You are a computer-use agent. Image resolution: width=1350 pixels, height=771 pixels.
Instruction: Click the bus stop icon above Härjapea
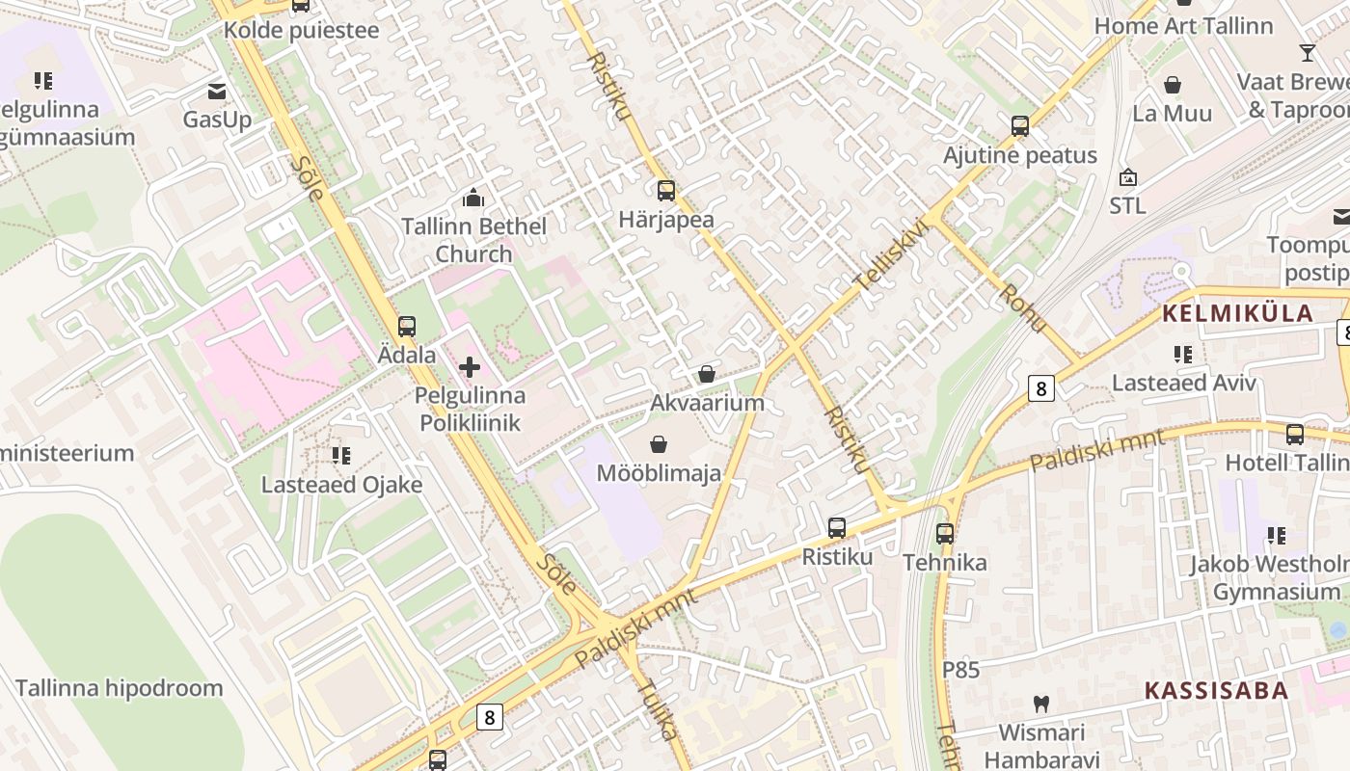click(665, 191)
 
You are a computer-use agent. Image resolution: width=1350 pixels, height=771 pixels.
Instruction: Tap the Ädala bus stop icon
click(407, 327)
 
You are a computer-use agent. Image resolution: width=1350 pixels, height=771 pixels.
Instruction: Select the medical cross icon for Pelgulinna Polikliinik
click(470, 367)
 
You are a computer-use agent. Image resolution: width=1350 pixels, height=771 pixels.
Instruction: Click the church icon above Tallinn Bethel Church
click(473, 199)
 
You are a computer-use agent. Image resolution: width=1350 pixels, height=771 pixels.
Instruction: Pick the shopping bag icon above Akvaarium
click(707, 374)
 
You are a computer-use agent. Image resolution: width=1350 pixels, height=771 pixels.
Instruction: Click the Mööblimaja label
click(659, 473)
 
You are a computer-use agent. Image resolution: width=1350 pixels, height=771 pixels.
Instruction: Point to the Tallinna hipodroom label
click(119, 688)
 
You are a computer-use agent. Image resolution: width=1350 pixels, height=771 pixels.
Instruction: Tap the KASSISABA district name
click(1216, 690)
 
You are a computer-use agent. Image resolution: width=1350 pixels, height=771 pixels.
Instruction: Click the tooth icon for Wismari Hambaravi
click(1041, 704)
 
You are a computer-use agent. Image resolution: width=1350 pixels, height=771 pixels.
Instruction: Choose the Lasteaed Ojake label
click(341, 484)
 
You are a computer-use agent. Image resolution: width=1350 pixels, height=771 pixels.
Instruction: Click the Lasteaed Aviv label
click(1184, 383)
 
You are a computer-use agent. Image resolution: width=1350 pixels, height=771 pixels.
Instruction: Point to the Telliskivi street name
click(891, 256)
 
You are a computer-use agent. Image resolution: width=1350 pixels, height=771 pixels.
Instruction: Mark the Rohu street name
click(1023, 308)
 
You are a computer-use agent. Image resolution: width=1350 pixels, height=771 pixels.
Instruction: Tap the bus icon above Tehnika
click(945, 533)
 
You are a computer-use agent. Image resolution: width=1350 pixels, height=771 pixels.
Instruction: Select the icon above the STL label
click(1127, 177)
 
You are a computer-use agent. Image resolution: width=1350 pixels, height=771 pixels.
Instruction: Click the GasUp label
click(217, 120)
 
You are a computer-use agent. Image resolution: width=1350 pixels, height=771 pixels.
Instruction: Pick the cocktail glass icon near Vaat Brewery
click(1308, 53)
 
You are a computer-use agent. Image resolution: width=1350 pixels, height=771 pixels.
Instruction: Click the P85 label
click(960, 669)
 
